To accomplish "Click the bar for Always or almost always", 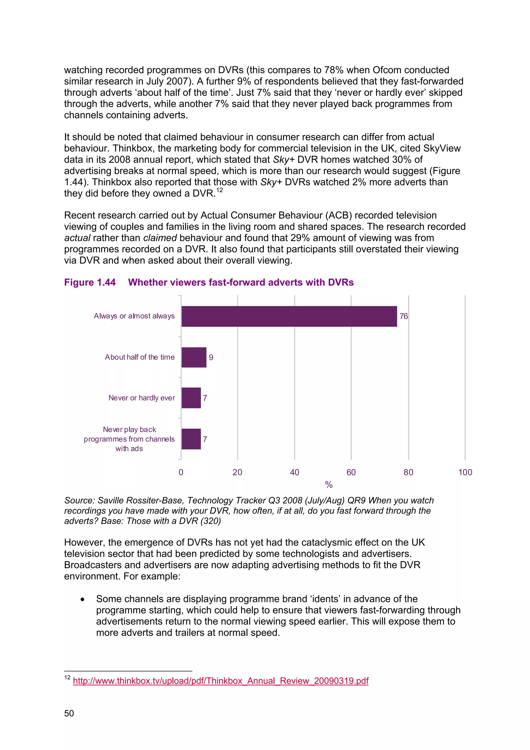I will coord(289,316).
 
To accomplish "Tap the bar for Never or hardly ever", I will coord(191,398).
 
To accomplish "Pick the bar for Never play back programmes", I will coord(191,439).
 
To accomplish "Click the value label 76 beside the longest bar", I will coord(404,316).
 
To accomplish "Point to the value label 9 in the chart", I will coord(211,357).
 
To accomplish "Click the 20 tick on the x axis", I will coord(237,472).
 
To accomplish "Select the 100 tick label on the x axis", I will coord(465,472).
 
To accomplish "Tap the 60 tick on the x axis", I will coord(351,472).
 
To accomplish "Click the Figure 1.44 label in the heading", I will coord(90,282).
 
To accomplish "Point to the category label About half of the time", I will coord(140,357).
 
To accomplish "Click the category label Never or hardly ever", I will coord(142,398).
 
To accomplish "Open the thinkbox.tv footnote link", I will coord(220,681).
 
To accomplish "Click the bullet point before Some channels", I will coord(82,599).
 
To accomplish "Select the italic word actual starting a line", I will coord(77,238).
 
